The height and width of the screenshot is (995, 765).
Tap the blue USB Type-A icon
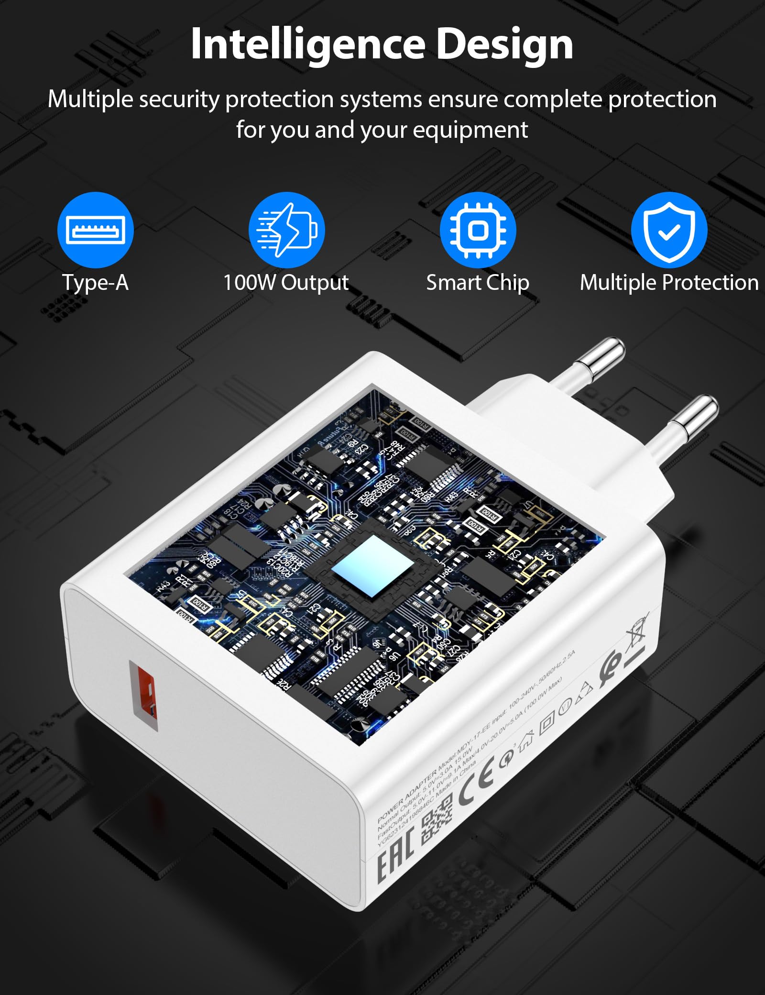coord(96,230)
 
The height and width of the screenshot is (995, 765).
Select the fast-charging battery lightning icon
coord(287,230)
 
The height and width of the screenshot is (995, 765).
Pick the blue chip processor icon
coord(478,230)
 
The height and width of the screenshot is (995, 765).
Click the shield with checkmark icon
coord(669,230)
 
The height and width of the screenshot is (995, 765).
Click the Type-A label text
coord(96,282)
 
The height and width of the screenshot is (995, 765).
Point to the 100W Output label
coord(286,282)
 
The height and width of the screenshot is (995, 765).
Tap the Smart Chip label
coord(478,282)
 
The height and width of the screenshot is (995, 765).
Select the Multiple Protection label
coord(669,282)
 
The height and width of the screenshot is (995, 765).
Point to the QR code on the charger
coord(437,822)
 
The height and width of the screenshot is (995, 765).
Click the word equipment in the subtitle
coord(470,130)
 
